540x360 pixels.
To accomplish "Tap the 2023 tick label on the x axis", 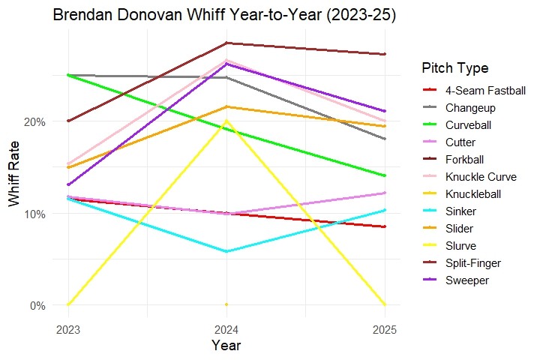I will click(67, 329).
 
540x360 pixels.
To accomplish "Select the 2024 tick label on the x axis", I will click(226, 329).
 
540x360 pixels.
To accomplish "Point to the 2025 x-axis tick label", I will click(385, 329).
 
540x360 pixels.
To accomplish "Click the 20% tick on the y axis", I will click(34, 121).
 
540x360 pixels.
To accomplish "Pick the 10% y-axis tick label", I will click(34, 214).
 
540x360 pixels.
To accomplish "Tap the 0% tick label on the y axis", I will click(37, 305).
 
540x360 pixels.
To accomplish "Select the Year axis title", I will click(226, 346).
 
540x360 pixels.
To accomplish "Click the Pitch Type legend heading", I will click(455, 68).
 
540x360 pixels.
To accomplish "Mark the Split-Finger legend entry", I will click(472, 263).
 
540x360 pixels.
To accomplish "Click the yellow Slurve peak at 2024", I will click(226, 121).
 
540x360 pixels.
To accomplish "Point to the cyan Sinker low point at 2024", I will click(226, 251).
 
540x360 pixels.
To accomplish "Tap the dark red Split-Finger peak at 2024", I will click(226, 43).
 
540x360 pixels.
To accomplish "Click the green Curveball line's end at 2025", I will click(385, 175).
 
